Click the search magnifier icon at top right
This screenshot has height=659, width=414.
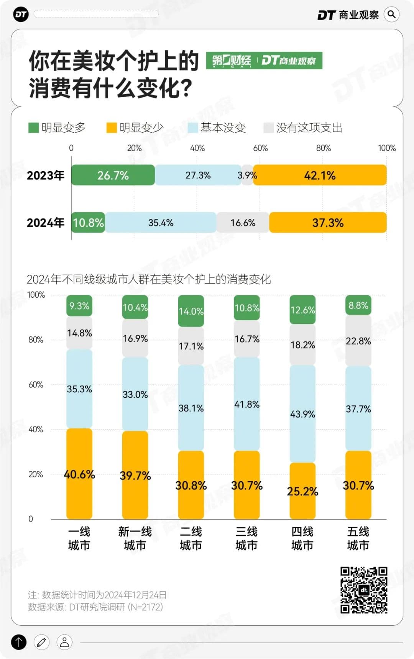(391, 15)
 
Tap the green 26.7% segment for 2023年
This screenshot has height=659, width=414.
(113, 175)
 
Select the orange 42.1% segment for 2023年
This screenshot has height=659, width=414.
(320, 175)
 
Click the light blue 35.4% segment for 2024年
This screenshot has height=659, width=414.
(161, 223)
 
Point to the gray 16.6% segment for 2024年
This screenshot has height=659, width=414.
(243, 223)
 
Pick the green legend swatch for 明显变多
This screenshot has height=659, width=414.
(33, 128)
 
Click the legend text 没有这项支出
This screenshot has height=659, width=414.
(309, 128)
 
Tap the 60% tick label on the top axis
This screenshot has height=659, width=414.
(260, 148)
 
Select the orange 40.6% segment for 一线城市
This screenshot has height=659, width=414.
(79, 474)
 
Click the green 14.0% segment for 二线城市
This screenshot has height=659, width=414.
(191, 311)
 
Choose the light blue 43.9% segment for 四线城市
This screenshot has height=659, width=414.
(302, 414)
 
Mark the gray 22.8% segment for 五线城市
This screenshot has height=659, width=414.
(358, 341)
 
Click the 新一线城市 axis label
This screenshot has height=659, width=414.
(135, 538)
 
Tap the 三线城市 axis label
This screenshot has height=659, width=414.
(246, 538)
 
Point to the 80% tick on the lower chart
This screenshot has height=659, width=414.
(36, 339)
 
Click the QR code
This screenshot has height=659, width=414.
(364, 590)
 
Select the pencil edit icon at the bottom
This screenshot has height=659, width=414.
(41, 642)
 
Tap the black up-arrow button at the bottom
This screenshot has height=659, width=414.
(19, 642)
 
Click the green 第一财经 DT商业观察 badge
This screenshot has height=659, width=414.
(264, 61)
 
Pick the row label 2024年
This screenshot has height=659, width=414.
(46, 223)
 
